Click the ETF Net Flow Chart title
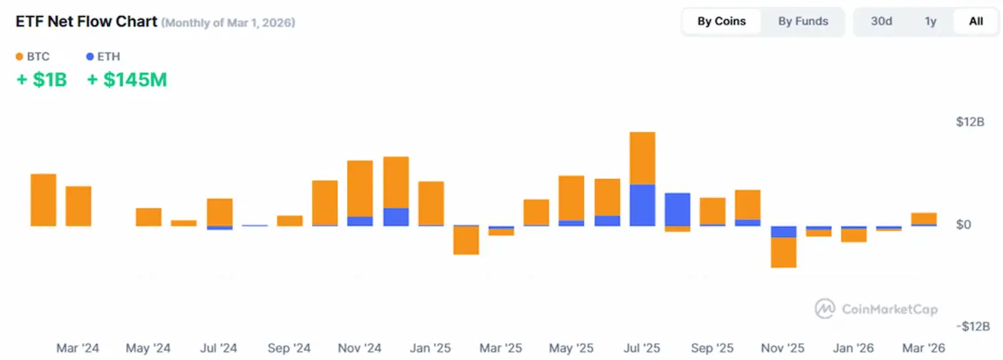86,21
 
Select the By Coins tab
721,21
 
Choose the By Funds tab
803,21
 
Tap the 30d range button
881,21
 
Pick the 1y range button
930,21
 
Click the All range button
975,21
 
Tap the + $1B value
42,79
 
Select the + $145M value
127,79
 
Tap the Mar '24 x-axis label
78,348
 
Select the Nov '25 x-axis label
783,348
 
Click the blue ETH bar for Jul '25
642,205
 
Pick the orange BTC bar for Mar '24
44,199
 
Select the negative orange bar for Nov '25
784,252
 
